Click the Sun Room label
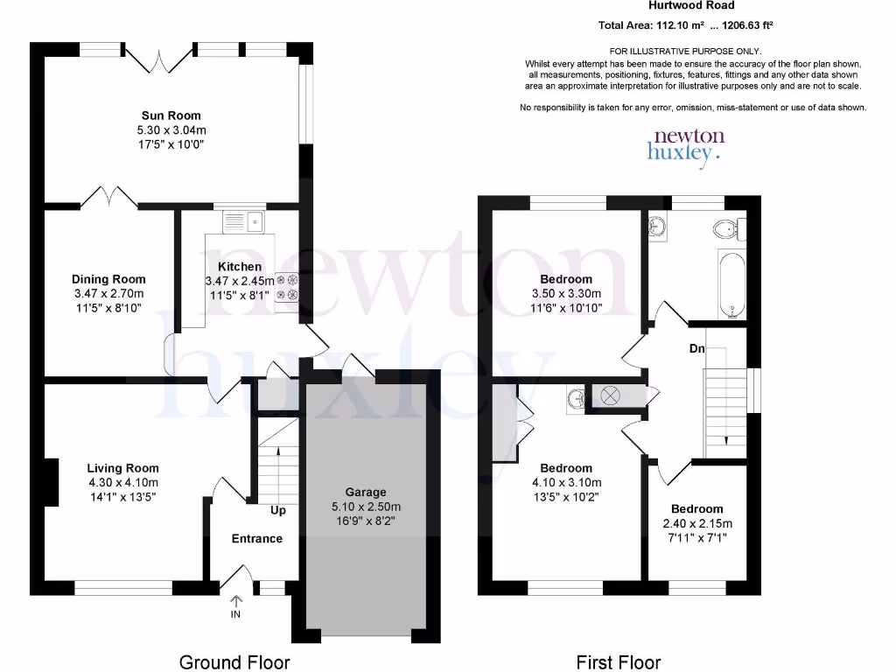(x=171, y=115)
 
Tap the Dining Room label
(x=108, y=280)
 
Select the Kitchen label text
(x=239, y=267)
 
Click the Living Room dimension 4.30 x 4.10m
(x=123, y=482)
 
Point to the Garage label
(x=365, y=493)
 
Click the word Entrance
(x=257, y=538)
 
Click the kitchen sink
(x=245, y=221)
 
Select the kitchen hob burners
(x=287, y=290)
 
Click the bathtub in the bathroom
(x=732, y=284)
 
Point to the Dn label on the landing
(x=696, y=349)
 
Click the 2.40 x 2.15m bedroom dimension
(x=696, y=523)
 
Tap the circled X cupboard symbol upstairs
(x=610, y=395)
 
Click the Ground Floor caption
(x=234, y=661)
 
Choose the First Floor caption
(x=618, y=661)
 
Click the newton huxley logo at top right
(x=688, y=144)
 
